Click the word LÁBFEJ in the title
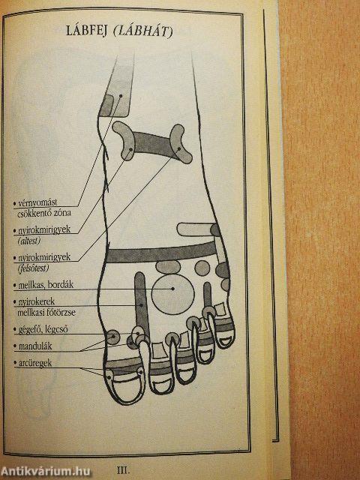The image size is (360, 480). (86, 31)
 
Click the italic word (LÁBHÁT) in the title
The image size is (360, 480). (143, 31)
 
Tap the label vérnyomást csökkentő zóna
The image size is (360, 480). (42, 208)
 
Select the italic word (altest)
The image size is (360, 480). (29, 241)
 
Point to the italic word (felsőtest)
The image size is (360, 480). (33, 268)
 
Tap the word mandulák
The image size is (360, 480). (35, 346)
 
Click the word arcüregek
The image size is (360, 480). (35, 363)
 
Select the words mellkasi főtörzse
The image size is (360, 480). (46, 313)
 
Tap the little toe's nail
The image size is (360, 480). (226, 341)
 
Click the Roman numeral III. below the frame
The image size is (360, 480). (123, 470)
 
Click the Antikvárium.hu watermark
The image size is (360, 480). (45, 472)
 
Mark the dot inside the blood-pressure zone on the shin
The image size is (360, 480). (121, 96)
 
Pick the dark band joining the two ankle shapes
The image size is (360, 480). (152, 145)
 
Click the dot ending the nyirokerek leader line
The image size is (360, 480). (142, 305)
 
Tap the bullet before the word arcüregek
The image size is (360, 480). (15, 363)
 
